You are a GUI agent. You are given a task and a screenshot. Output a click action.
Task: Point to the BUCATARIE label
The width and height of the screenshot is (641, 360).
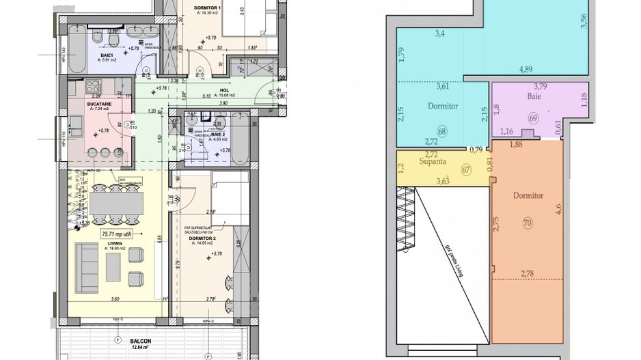coord(101,102)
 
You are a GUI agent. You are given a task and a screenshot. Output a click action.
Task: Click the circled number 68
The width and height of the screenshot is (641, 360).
coord(441,130)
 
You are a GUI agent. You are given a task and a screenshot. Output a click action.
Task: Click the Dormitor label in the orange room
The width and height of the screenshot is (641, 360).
coord(528,195)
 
